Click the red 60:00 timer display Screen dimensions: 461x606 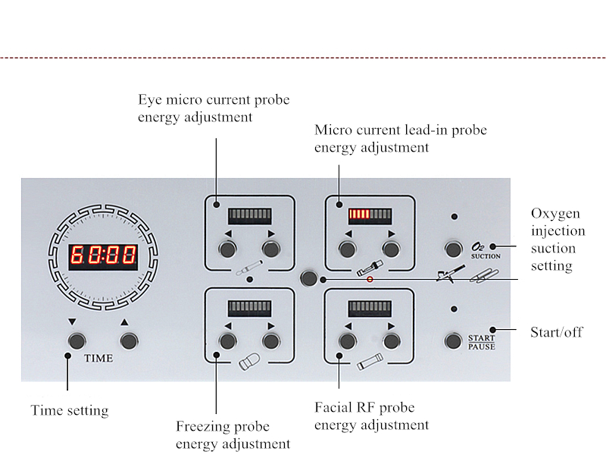tap(103, 256)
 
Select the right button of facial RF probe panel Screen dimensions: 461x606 tap(391, 340)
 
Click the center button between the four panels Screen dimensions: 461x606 tap(308, 278)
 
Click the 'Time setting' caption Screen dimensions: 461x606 tap(69, 410)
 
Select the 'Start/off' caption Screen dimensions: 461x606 tap(558, 331)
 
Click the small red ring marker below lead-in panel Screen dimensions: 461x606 tap(370, 280)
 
